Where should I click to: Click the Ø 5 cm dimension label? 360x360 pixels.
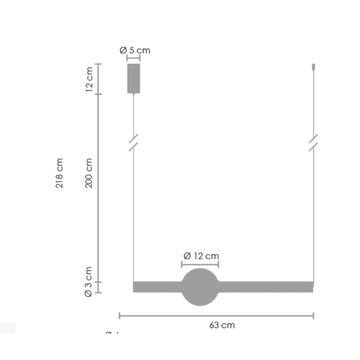click(135, 50)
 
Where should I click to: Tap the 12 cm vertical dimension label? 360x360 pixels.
click(89, 79)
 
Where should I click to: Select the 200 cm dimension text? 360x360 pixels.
click(89, 173)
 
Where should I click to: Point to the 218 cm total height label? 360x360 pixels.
click(59, 173)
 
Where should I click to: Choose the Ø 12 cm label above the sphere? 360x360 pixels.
click(201, 256)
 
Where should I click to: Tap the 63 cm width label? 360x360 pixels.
click(222, 325)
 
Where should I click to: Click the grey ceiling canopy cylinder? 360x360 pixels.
click(134, 78)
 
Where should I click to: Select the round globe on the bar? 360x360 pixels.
click(200, 287)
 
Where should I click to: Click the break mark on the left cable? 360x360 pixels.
click(133, 143)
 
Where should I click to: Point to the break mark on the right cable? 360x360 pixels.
click(313, 143)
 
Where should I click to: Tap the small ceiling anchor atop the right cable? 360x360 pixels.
click(314, 67)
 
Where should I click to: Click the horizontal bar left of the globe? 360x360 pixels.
click(157, 287)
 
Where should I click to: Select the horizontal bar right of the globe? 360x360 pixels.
click(265, 287)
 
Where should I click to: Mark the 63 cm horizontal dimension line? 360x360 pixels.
click(216, 316)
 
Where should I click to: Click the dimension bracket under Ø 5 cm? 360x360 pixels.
click(133, 58)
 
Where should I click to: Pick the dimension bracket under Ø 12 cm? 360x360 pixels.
click(200, 264)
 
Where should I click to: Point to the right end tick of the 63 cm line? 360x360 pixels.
click(313, 316)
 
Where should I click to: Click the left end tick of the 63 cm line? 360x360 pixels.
click(120, 316)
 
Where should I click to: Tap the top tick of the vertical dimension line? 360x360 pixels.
click(99, 64)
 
